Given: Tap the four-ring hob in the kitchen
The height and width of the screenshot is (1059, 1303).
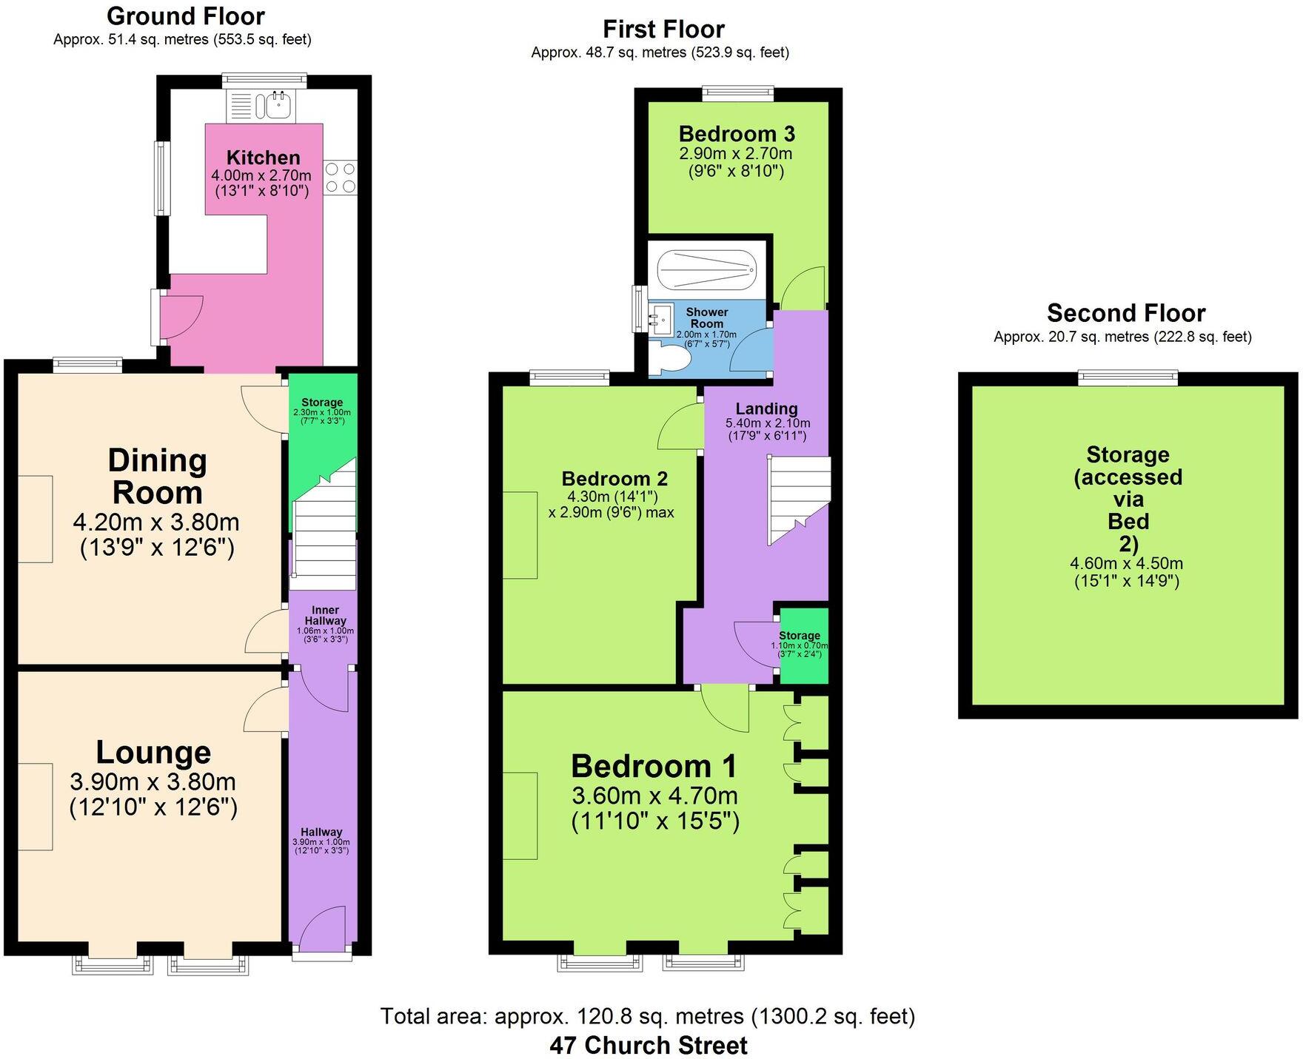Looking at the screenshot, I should (340, 178).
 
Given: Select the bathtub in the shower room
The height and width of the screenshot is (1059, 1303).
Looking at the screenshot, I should (707, 269).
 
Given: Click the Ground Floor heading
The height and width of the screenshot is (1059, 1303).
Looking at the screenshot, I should (185, 16).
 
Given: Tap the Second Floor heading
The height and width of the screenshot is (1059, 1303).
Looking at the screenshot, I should (1125, 313).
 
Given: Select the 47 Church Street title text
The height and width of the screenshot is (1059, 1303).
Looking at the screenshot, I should (649, 1045).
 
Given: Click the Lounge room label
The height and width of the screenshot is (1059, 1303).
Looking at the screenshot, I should (153, 752).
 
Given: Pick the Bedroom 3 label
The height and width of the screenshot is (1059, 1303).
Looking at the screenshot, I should (737, 134).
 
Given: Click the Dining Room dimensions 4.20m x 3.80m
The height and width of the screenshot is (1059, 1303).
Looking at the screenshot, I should (156, 522).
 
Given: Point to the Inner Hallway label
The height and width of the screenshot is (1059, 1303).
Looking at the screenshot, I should (325, 616).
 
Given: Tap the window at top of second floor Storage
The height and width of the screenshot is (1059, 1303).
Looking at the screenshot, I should (1128, 378).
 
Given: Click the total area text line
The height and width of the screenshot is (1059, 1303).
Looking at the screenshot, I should (648, 1016).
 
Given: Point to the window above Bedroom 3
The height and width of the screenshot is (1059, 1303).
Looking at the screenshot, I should (737, 93).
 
